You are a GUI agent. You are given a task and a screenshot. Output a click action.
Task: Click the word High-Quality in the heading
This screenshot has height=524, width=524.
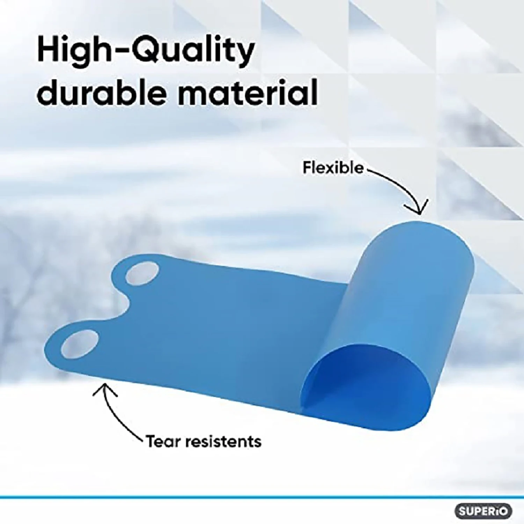point(146,51)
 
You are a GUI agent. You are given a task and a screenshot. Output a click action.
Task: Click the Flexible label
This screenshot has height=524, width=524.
point(333,168)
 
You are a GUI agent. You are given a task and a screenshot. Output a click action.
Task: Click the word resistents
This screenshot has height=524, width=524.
point(223,442)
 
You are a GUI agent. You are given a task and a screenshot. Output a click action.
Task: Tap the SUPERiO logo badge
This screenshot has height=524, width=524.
point(483,511)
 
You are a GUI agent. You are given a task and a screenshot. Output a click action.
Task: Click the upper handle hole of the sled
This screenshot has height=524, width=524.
point(142,274)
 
